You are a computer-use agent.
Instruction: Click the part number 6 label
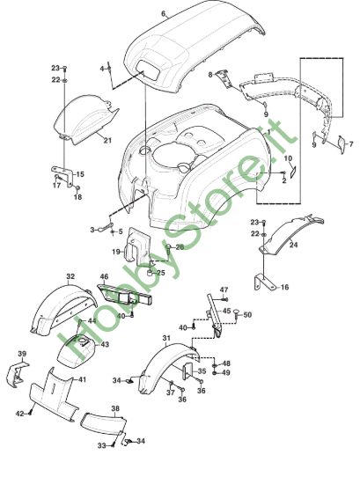click(x=164, y=13)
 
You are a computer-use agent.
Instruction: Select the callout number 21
click(x=107, y=141)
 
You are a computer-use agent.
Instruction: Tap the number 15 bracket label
click(x=80, y=174)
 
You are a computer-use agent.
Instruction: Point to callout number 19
click(x=116, y=252)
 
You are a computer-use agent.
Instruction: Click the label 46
click(x=105, y=276)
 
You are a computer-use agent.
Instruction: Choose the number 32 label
click(x=70, y=276)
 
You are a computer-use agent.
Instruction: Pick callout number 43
click(x=105, y=344)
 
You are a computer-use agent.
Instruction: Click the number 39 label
click(x=22, y=354)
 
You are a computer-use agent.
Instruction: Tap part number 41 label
click(x=82, y=379)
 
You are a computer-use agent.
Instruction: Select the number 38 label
click(x=115, y=408)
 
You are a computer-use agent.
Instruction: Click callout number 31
click(x=166, y=338)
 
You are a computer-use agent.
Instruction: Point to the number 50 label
click(x=247, y=315)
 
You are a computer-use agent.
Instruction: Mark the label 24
click(x=294, y=245)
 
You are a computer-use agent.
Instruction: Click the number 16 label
click(x=285, y=287)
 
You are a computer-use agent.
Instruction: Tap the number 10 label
click(x=288, y=158)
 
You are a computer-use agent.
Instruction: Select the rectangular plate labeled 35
click(x=188, y=371)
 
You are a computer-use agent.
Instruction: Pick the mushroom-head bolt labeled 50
click(x=237, y=314)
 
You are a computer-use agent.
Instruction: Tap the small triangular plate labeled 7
click(x=341, y=143)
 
